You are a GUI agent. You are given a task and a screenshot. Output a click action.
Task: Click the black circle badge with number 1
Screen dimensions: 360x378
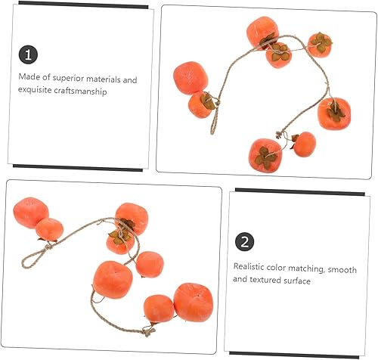pyautogui.click(x=29, y=54)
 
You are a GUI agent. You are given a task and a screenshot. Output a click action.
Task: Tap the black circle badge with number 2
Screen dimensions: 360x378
pyautogui.click(x=244, y=242)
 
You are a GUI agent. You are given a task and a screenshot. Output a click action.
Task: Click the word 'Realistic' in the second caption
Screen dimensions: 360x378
pyautogui.click(x=250, y=266)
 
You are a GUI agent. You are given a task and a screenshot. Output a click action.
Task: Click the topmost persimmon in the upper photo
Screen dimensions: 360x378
pyautogui.click(x=262, y=32)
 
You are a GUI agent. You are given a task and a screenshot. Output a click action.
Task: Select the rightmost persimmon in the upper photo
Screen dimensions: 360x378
pyautogui.click(x=333, y=113)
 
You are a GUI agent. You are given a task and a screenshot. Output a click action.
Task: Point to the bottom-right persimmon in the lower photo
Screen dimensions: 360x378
pyautogui.click(x=193, y=302)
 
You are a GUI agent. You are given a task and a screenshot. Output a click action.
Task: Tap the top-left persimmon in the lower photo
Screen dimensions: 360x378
pyautogui.click(x=30, y=213)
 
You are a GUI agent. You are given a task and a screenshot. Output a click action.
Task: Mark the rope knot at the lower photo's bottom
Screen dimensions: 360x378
pyautogui.click(x=148, y=330)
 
